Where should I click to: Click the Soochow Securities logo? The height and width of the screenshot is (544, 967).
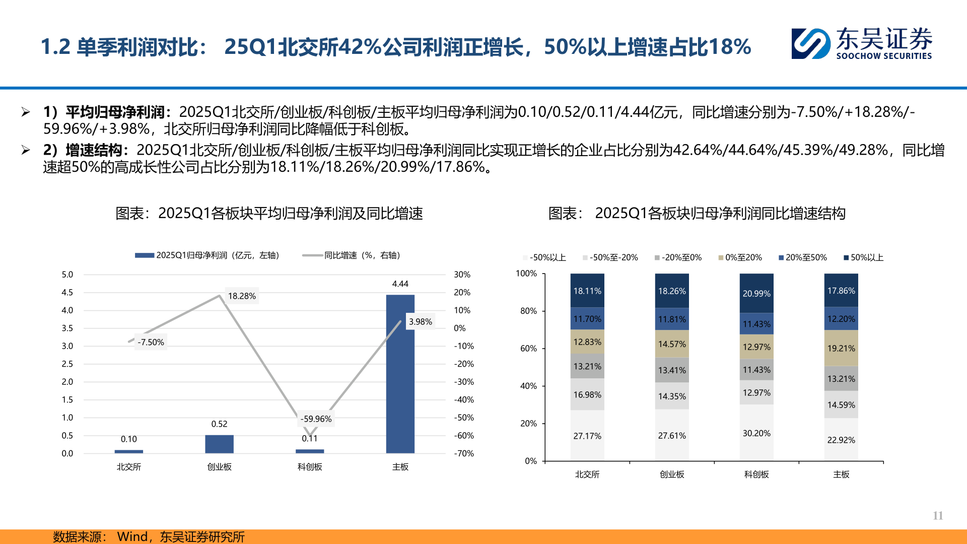click(861, 44)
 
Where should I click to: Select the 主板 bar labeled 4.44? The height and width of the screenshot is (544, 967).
click(400, 373)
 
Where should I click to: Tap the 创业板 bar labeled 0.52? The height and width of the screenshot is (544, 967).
click(219, 444)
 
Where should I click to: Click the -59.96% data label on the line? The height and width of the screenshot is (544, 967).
click(316, 419)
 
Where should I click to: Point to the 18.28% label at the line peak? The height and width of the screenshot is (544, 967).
click(242, 296)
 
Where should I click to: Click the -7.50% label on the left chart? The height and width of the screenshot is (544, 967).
click(151, 342)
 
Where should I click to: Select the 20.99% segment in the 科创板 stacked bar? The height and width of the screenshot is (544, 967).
click(756, 293)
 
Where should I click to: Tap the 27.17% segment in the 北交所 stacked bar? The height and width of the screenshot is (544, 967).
click(587, 436)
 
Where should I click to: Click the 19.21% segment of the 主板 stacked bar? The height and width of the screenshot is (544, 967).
click(841, 348)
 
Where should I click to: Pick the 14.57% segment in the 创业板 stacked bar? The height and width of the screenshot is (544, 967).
click(671, 344)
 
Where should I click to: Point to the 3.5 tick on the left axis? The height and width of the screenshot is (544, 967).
click(67, 328)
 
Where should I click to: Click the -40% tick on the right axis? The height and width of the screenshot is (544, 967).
click(464, 399)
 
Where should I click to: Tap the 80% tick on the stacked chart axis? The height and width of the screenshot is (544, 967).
click(528, 311)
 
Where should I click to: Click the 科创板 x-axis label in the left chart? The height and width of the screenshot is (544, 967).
click(309, 467)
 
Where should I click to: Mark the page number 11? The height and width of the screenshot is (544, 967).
click(937, 515)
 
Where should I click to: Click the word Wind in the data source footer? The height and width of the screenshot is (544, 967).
click(132, 536)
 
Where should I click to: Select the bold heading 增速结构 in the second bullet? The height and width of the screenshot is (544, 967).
click(94, 150)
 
